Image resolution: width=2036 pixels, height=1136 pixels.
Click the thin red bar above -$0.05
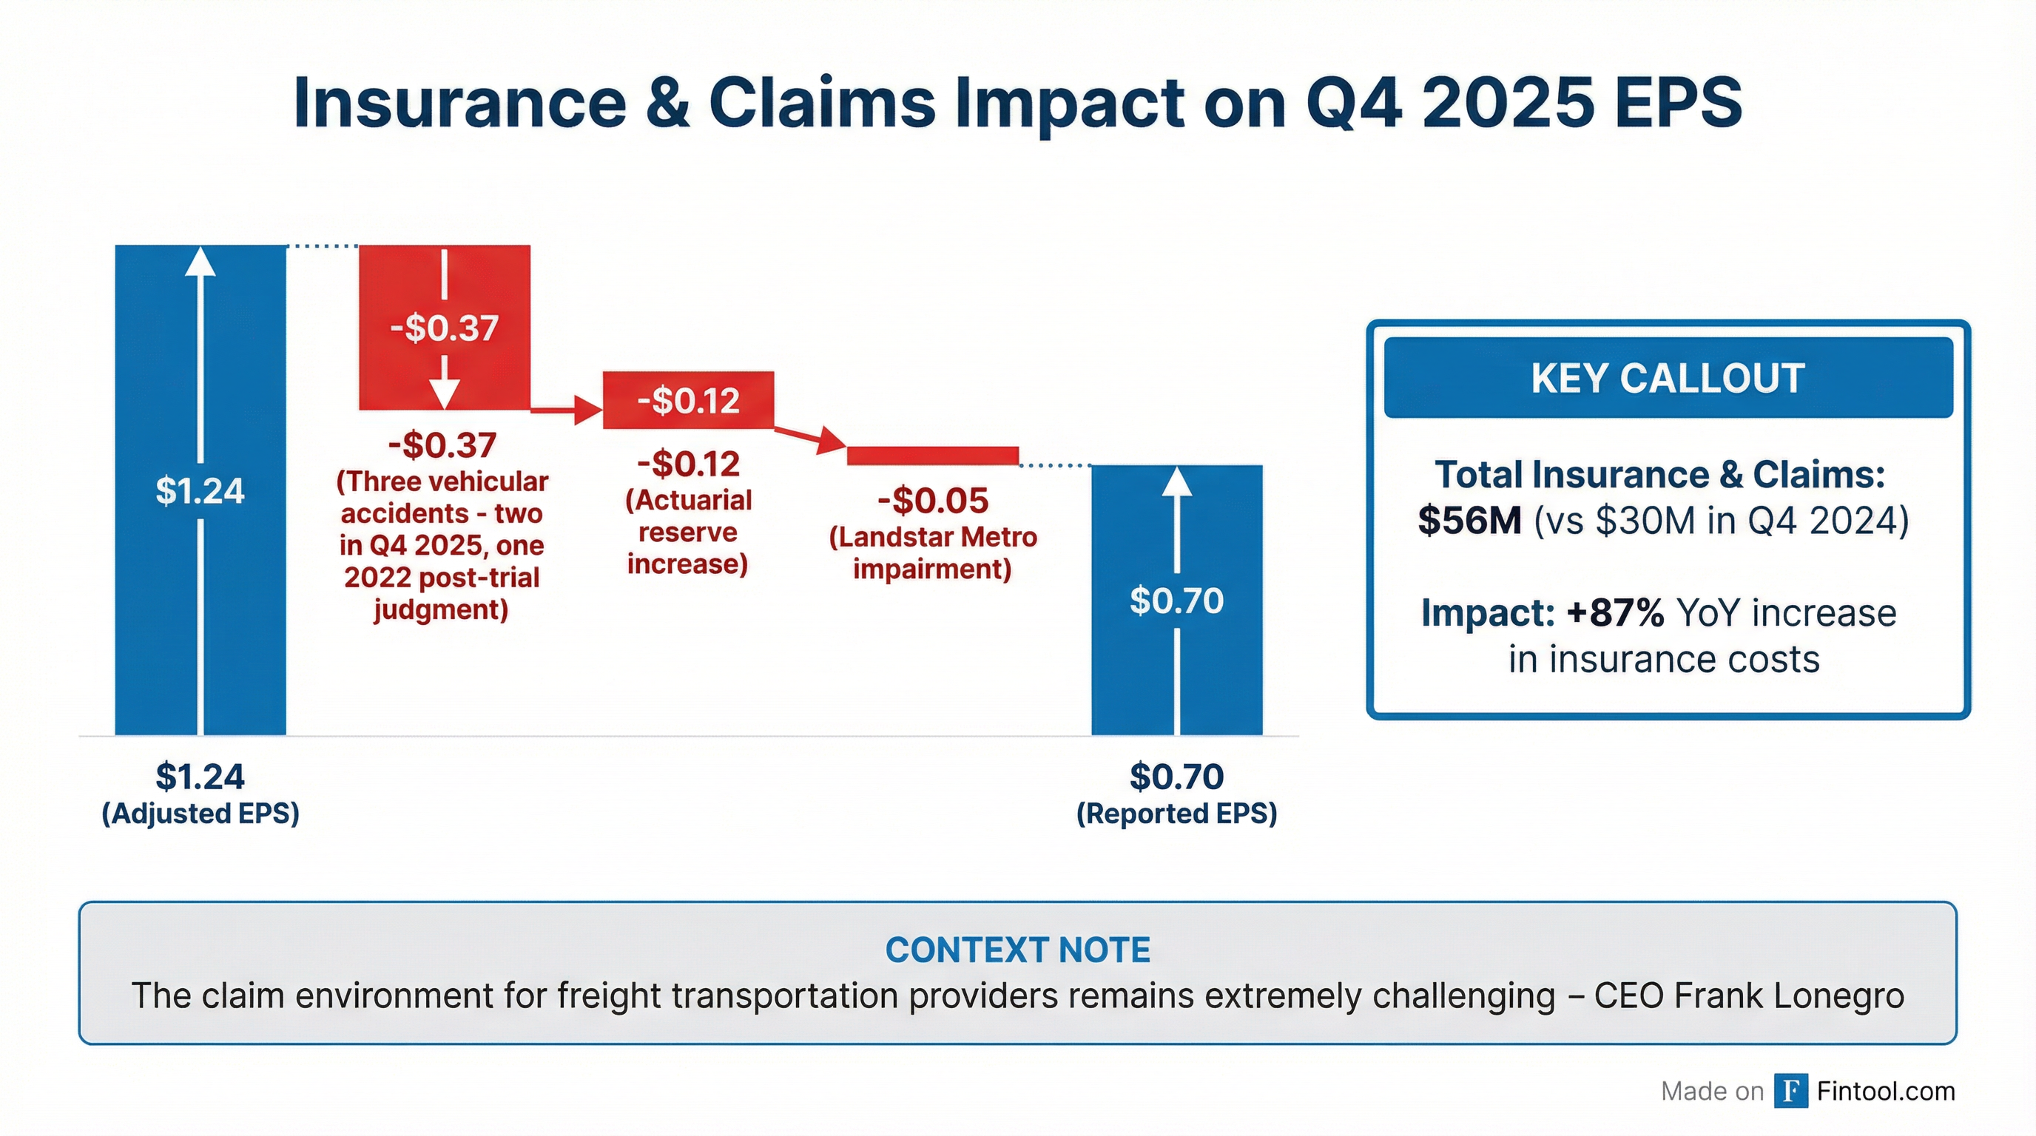coord(933,456)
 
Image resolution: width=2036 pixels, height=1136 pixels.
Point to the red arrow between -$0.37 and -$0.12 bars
coord(566,410)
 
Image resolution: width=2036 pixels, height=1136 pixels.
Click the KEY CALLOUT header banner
coord(1668,378)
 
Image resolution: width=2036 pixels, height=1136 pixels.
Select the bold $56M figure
coord(1469,521)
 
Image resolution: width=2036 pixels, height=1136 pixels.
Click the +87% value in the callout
coord(1615,613)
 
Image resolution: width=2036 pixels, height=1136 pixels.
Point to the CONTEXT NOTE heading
coord(1017,950)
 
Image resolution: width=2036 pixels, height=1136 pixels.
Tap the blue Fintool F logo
coord(1790,1091)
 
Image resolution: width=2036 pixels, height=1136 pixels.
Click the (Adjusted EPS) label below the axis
coord(200,814)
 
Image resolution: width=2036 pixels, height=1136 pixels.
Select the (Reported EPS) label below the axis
coord(1177,814)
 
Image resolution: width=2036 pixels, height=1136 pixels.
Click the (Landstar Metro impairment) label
coord(933,553)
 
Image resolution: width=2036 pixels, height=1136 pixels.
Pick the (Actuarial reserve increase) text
coord(687,532)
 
